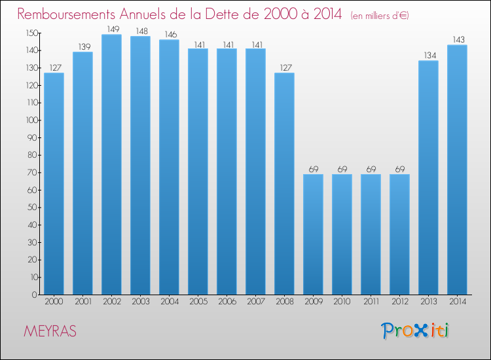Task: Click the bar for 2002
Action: click(111, 164)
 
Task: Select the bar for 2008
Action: click(284, 183)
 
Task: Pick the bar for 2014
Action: click(457, 170)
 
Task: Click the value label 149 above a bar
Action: click(111, 29)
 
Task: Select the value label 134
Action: click(428, 55)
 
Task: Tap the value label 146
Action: click(169, 34)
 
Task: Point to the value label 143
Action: click(457, 39)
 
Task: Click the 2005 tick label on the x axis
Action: click(198, 302)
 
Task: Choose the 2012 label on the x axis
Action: click(399, 302)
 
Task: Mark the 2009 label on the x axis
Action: click(313, 302)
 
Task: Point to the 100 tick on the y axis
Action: click(31, 120)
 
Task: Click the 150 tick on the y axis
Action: click(31, 33)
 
